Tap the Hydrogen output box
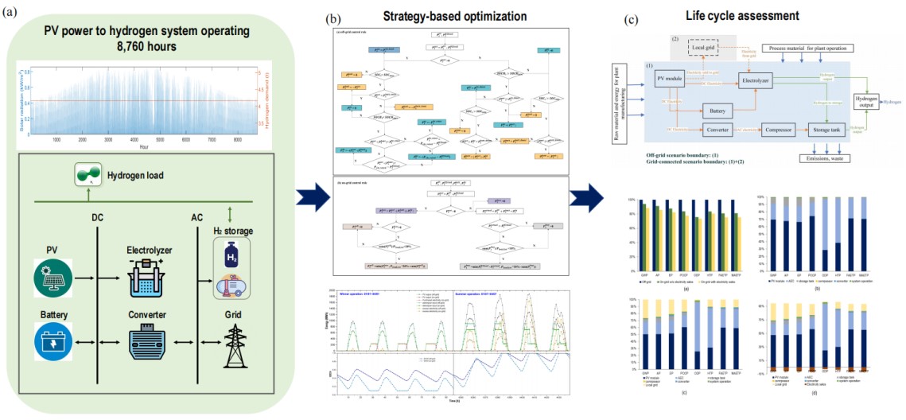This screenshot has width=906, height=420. pyautogui.click(x=867, y=102)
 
